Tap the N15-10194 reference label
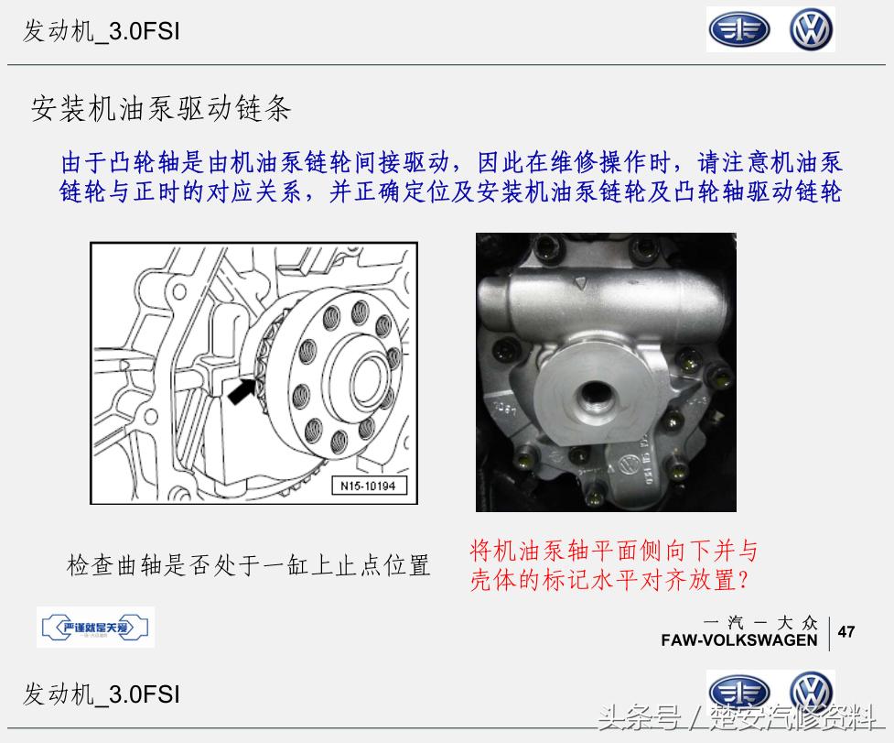368,486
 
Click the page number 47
847,631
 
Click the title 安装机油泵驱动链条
161,110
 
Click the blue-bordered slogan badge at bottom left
95,628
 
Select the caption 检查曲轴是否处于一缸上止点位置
248,564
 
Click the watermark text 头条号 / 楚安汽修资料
741,718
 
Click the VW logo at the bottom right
812,693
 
